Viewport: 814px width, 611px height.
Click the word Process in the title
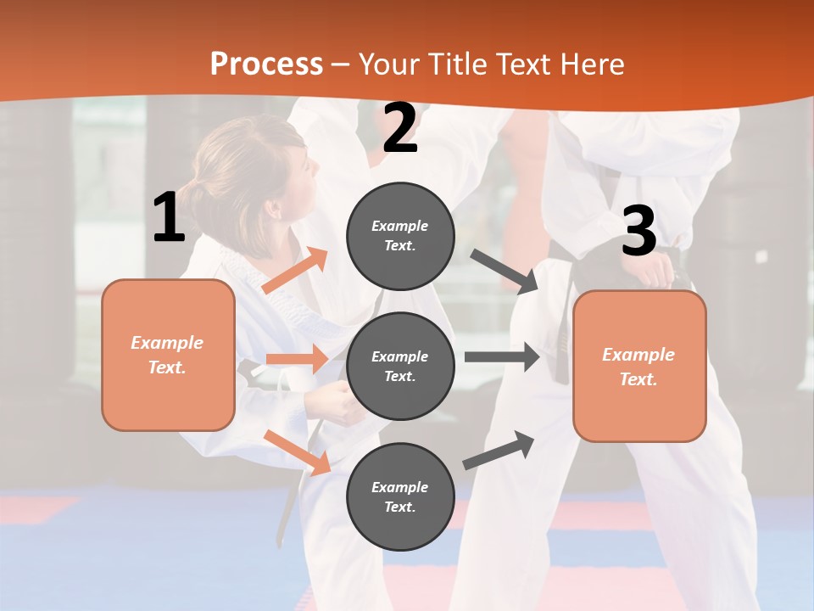(266, 64)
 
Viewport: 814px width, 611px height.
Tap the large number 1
(169, 218)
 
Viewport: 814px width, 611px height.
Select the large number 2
(400, 129)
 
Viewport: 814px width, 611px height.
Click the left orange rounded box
(168, 355)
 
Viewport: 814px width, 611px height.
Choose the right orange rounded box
(639, 366)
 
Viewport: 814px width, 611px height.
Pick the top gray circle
(400, 236)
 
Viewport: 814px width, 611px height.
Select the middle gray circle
(400, 366)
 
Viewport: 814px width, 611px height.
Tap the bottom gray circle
(400, 496)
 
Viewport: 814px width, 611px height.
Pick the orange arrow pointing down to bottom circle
(297, 452)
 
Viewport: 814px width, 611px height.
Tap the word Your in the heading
(388, 64)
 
